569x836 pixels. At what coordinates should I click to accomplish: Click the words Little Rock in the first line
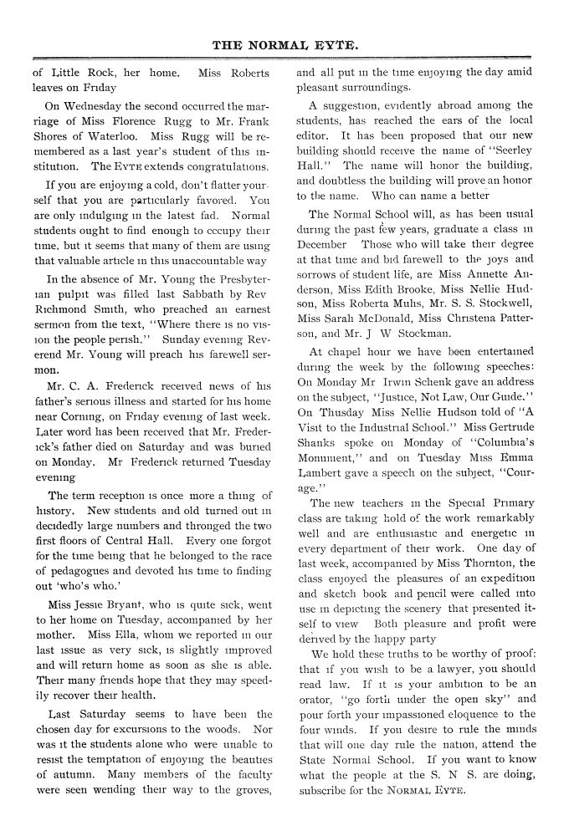tap(79, 73)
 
